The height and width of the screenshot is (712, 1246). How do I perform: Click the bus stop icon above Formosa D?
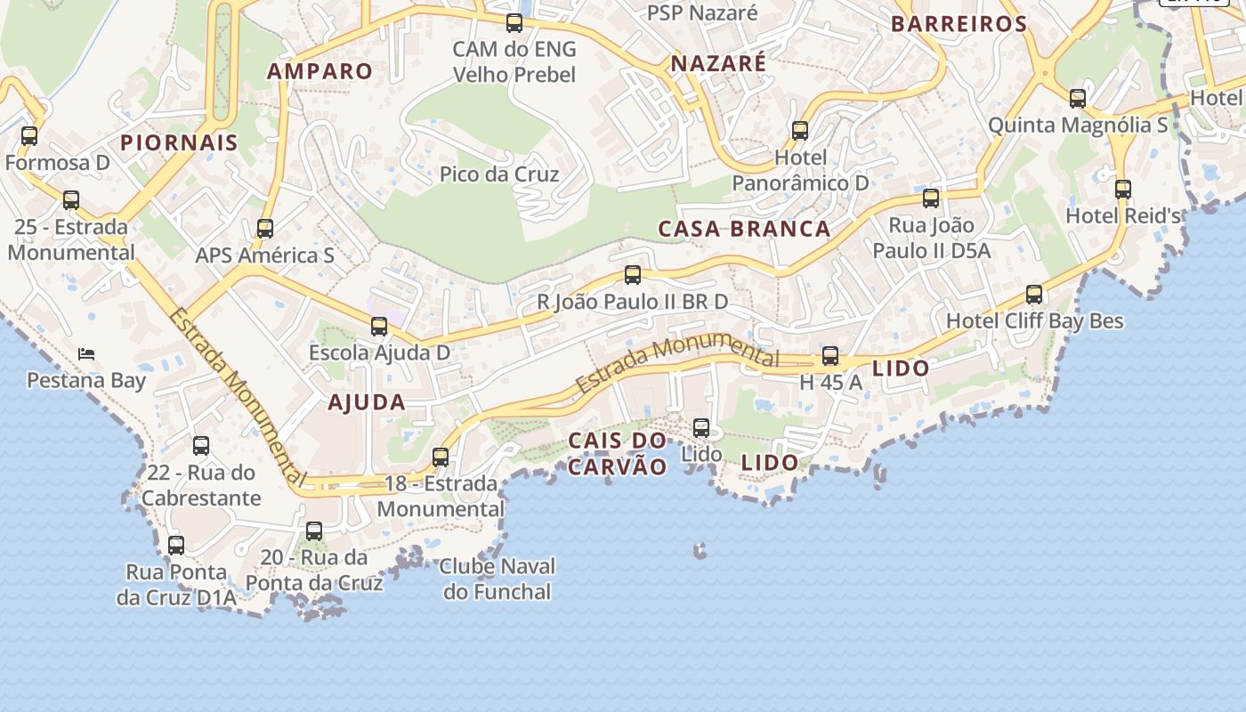coord(29,136)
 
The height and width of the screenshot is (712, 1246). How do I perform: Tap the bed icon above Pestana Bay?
coord(86,354)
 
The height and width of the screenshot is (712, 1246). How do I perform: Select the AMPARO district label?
coord(320,71)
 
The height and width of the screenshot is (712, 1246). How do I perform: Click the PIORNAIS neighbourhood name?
coord(179,142)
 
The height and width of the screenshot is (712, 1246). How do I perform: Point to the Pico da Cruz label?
coord(499,174)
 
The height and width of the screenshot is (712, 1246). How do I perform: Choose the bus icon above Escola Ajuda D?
coord(379,327)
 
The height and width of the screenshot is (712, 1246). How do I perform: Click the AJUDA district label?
coord(367,402)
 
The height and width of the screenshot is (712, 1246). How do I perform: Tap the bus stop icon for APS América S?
coord(264,229)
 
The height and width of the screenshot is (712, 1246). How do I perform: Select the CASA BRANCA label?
coord(744,229)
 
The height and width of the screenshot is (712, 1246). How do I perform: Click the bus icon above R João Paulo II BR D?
coord(633,275)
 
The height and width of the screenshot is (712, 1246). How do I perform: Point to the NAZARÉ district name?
coord(718,64)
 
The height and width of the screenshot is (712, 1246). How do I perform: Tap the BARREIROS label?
coord(959,24)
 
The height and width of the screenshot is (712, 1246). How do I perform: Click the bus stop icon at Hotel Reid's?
coord(1123,190)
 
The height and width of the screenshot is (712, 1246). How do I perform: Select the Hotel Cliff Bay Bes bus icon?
coord(1034,295)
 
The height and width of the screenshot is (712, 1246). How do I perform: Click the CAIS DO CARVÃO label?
coord(617,453)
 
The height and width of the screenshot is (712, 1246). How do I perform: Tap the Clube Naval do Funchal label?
coord(498,578)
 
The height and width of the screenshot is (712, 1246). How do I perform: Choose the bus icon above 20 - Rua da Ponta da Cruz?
coord(314,532)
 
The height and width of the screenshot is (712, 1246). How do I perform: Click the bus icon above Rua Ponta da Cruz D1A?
coord(176,546)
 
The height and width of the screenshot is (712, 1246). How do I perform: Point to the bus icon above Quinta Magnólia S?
coord(1078,99)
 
